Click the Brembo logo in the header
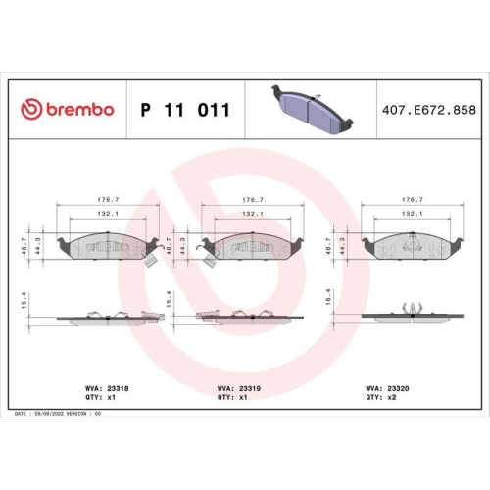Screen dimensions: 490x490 click(x=69, y=109)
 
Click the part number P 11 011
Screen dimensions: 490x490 click(x=185, y=110)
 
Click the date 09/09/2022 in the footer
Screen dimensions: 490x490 click(x=53, y=415)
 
